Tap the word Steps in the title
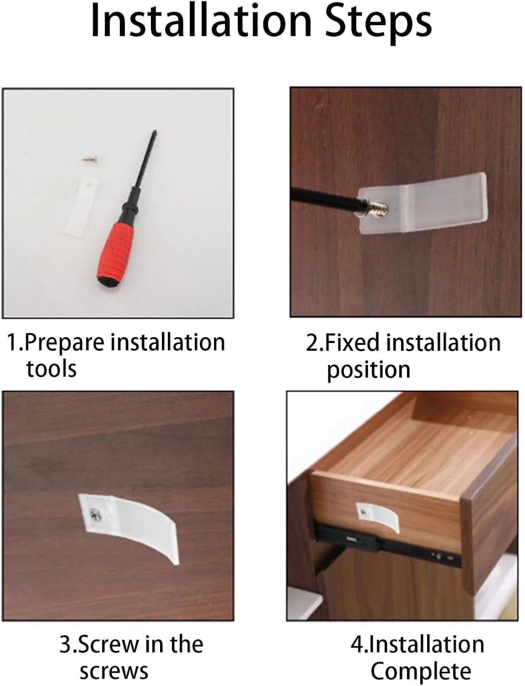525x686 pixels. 379,24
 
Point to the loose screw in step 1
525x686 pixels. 90,160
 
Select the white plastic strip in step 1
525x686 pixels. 81,206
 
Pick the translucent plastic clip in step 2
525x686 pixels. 422,203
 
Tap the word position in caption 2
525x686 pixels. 369,371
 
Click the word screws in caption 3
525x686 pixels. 114,672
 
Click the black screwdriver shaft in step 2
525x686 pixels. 325,197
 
